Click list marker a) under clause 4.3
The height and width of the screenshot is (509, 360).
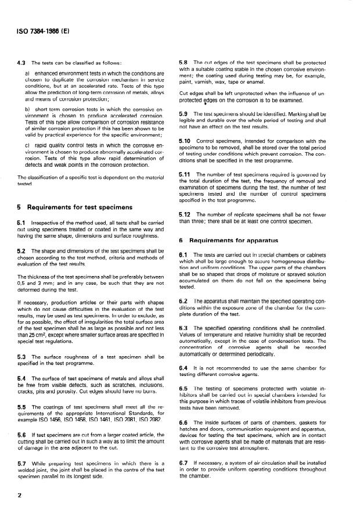pos(27,74)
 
